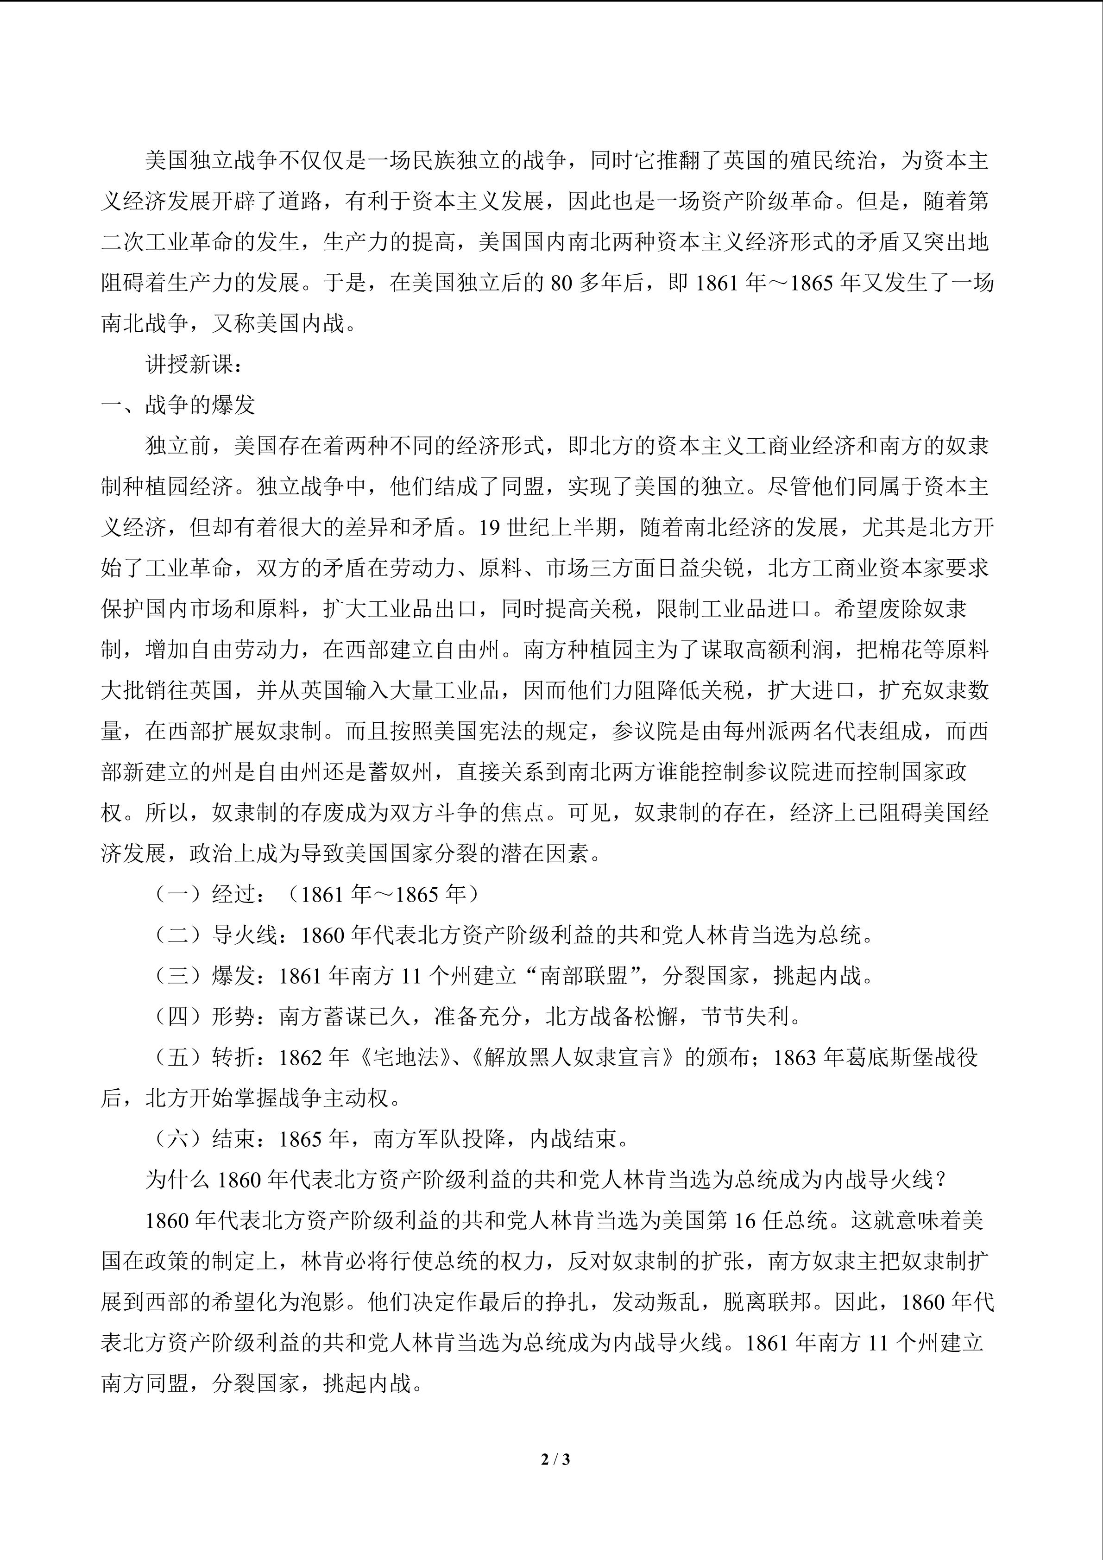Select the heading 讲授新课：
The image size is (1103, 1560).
[194, 365]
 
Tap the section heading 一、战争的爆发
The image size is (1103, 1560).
[178, 405]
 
